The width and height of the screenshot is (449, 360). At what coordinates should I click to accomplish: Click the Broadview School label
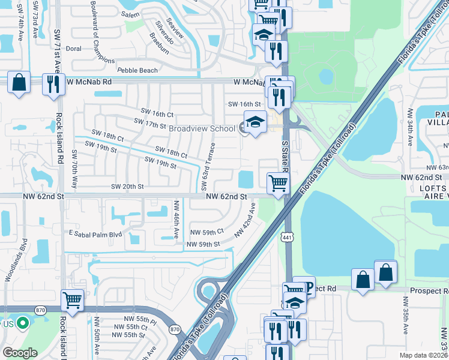click(202, 128)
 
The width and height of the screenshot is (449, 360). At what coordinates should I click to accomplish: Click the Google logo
click(20, 353)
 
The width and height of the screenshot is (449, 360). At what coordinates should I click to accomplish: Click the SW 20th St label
click(127, 186)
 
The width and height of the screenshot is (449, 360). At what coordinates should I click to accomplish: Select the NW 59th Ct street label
click(206, 231)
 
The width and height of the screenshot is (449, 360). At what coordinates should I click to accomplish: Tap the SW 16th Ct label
click(157, 114)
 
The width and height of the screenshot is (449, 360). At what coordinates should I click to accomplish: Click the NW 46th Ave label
click(176, 220)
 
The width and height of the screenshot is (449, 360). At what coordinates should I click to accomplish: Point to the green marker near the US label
click(23, 323)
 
